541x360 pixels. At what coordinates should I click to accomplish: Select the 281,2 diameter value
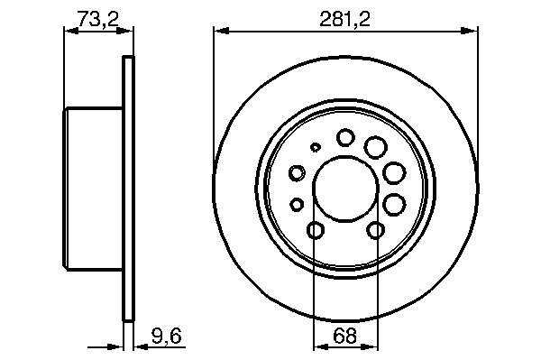[x=344, y=19]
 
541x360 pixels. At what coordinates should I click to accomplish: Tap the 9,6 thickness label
[x=166, y=336]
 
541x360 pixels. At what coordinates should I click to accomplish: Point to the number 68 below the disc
[x=345, y=336]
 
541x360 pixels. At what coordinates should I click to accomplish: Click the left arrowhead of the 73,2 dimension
[x=71, y=31]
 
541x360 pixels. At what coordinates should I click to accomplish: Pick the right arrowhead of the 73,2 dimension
[x=126, y=31]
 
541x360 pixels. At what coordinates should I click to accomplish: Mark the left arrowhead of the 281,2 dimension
[x=222, y=31]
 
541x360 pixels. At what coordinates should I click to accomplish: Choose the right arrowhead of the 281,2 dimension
[x=470, y=31]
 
